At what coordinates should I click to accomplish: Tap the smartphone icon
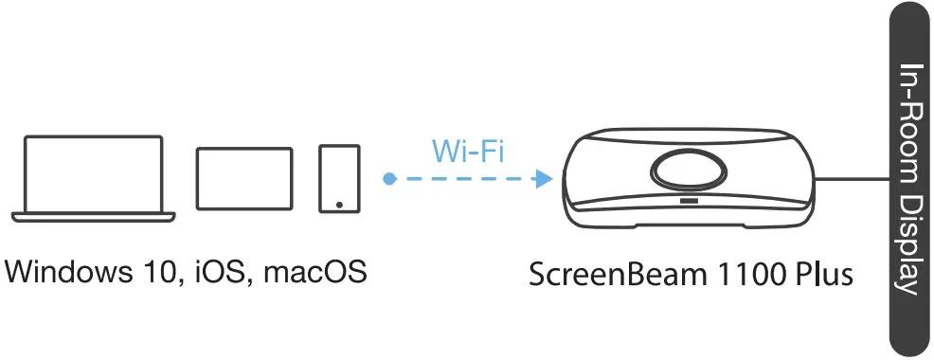point(339,178)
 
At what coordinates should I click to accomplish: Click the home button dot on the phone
point(339,203)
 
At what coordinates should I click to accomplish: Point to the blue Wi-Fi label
point(467,151)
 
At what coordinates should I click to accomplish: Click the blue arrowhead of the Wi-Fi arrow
point(544,178)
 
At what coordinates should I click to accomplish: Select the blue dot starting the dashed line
point(388,178)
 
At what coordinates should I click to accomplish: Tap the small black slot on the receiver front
point(689,201)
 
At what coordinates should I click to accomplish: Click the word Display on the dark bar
point(909,247)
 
